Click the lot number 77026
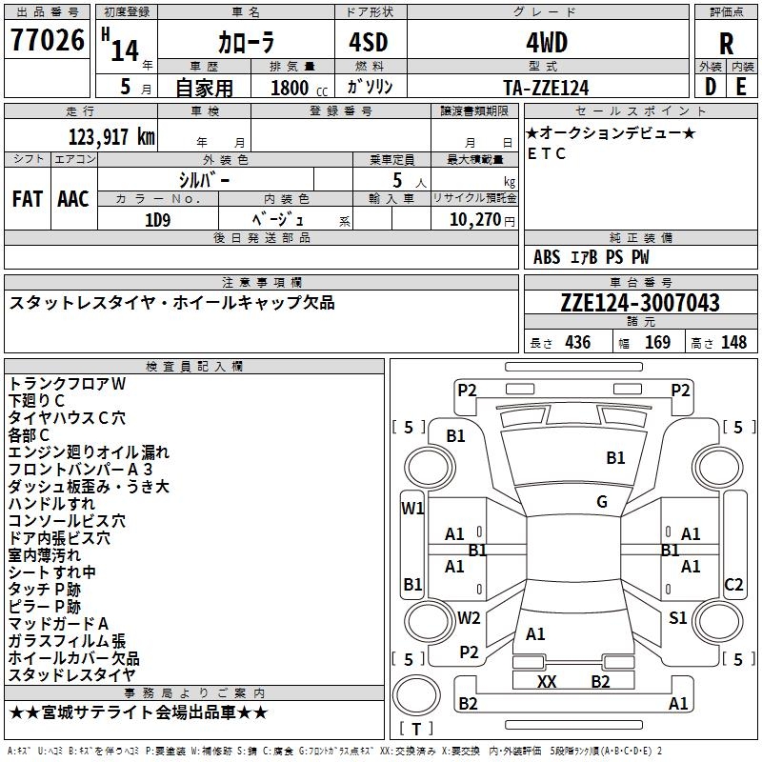47,43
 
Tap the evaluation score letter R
726,45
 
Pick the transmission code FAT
27,199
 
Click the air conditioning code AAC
73,199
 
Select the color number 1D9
157,219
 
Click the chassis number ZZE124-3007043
639,303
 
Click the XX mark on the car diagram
546,681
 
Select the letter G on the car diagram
602,502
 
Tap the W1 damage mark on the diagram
412,508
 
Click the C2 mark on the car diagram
733,584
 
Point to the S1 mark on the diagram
677,618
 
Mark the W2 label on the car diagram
469,618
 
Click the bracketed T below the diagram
416,730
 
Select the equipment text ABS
547,257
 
